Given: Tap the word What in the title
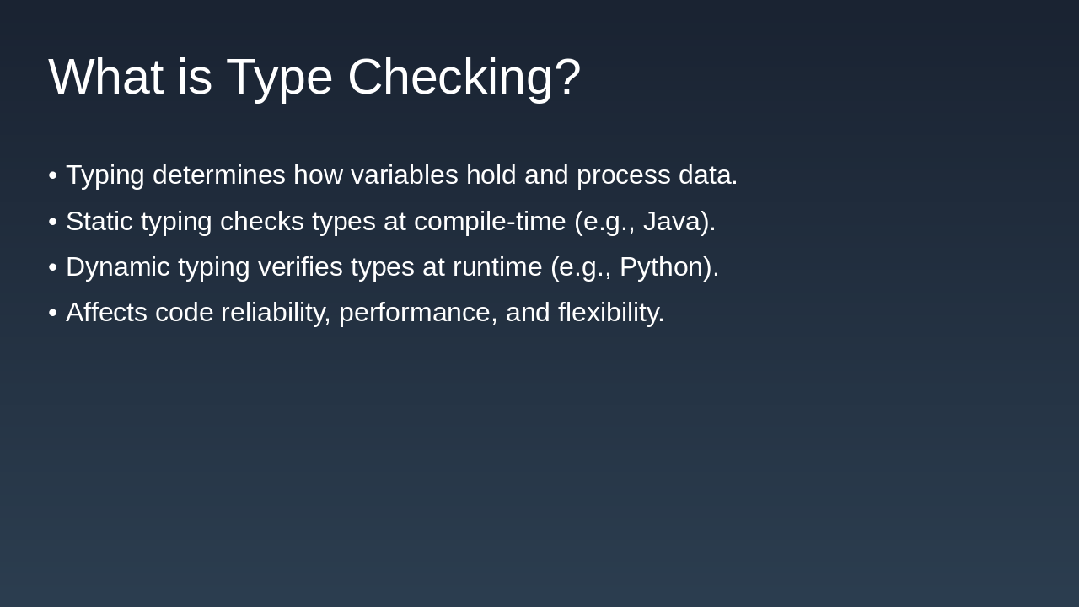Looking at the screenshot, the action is pos(106,77).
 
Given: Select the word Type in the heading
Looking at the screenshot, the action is pos(279,79).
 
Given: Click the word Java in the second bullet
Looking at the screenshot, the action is pos(671,221).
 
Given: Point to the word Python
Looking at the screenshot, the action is pos(662,267).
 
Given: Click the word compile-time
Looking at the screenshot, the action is pos(490,222).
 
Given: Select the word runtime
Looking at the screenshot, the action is pos(497,267).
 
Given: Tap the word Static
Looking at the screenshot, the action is pos(99,222).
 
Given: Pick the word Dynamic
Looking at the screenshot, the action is pos(118,267).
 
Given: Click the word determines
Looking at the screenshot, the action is pos(219,175).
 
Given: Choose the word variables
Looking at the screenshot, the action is pos(404,175).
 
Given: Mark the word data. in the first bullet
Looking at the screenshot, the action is pos(708,175).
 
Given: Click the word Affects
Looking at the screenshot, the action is pos(106,312).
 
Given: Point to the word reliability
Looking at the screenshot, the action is pos(276,313).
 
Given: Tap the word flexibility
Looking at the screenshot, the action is pos(611,313).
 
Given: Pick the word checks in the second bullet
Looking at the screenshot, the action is pos(261,222).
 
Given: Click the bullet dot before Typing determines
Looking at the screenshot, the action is pos(53,175).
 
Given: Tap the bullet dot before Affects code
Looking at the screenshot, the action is pos(53,313).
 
